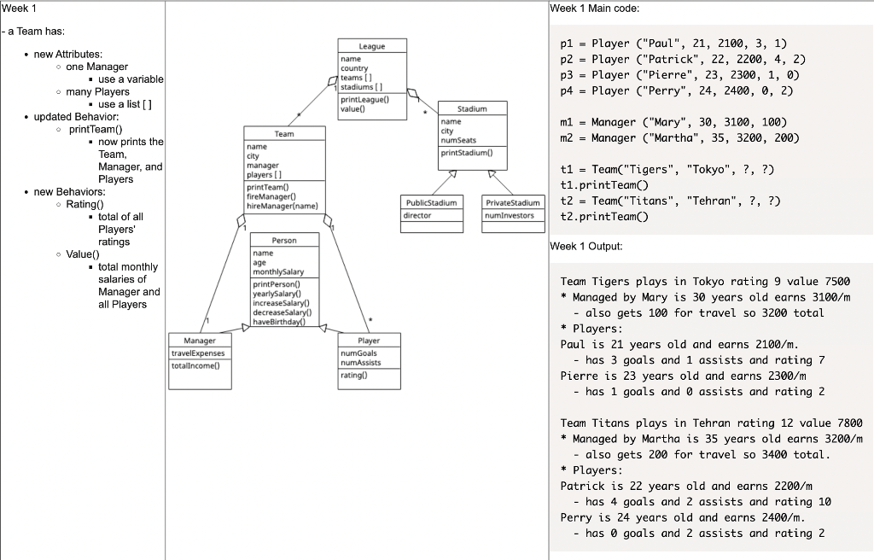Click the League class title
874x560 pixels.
point(372,46)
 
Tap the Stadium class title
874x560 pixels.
point(472,109)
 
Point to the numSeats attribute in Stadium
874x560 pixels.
point(458,140)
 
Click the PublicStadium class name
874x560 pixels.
point(430,202)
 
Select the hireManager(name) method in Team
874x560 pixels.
point(282,206)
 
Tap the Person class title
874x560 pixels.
point(284,241)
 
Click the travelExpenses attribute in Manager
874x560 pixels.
point(199,353)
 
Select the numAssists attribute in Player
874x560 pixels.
point(361,362)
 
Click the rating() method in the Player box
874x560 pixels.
point(353,375)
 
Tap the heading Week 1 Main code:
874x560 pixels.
point(595,9)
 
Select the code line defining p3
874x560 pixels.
point(679,75)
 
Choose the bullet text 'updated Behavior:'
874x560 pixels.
point(76,116)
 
